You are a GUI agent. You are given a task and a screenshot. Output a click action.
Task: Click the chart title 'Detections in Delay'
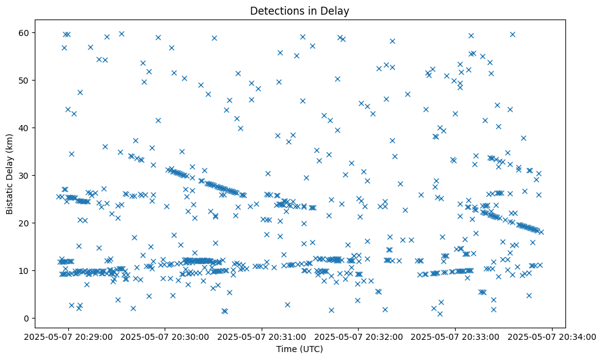[299, 10]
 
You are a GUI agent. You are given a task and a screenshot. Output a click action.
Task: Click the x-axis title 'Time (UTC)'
[299, 349]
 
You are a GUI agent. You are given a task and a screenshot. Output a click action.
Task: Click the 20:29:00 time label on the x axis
[68, 336]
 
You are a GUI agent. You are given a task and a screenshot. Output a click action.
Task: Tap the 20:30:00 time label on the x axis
[165, 336]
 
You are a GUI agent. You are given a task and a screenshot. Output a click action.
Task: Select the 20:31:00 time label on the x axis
[262, 336]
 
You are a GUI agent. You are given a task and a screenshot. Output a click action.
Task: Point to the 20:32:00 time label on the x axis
[359, 336]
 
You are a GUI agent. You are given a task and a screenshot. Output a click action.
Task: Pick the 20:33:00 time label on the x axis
[456, 336]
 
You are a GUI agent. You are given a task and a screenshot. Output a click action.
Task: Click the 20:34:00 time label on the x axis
[553, 336]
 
